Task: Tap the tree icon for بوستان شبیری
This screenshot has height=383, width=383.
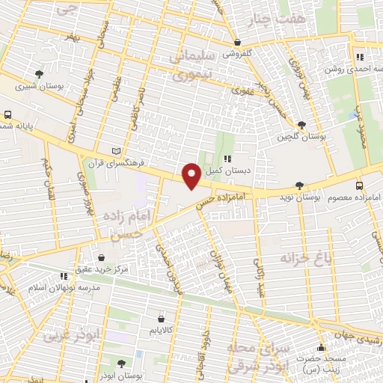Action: pos(39,73)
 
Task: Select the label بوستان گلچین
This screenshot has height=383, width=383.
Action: pos(298,137)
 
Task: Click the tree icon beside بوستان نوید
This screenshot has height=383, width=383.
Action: pos(299,185)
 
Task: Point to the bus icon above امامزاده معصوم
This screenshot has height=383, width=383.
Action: pos(359,185)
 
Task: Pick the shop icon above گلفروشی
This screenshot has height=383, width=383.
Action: pos(237,43)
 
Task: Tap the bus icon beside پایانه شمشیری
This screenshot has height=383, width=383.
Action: pos(7,115)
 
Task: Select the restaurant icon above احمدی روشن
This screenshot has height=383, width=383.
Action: pos(359,56)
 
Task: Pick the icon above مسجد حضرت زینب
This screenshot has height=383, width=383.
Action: pos(322,347)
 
